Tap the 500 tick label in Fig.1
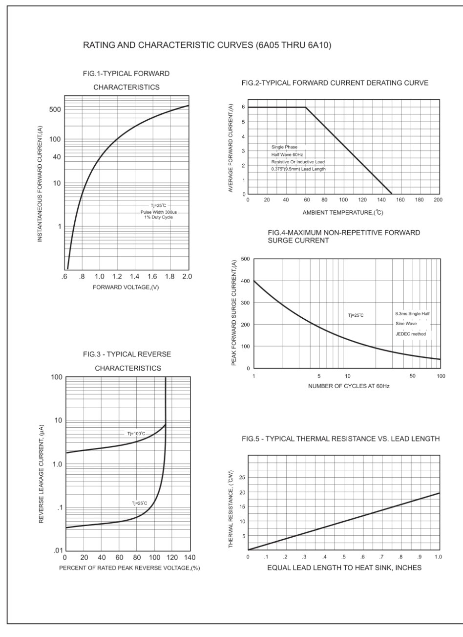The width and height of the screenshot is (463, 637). (x=55, y=110)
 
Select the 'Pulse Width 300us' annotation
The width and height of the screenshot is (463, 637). (x=159, y=212)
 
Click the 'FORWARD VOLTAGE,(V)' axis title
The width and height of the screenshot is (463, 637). (x=126, y=287)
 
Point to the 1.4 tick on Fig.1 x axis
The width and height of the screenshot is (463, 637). (x=135, y=276)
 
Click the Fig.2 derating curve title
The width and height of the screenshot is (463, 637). (x=335, y=83)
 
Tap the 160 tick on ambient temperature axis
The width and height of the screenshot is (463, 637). (x=400, y=199)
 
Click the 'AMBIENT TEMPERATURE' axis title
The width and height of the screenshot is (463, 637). (x=343, y=213)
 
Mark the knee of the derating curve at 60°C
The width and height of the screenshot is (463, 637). (x=305, y=107)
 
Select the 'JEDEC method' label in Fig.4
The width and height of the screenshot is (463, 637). (x=411, y=334)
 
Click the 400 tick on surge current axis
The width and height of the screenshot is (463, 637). (x=245, y=281)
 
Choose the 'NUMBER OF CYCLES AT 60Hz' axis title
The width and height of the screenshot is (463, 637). (x=349, y=386)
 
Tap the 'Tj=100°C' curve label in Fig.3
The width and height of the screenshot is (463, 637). (x=136, y=434)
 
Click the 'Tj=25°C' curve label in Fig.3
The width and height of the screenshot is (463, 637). (x=140, y=504)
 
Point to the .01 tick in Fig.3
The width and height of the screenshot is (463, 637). (x=58, y=551)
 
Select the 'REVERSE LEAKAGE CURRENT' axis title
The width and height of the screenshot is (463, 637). (x=41, y=474)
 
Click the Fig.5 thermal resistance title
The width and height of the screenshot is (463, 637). (x=341, y=439)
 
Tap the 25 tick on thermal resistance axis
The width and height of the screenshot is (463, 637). (x=242, y=478)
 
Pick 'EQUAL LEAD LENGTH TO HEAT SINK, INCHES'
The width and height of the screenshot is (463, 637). (x=344, y=568)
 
